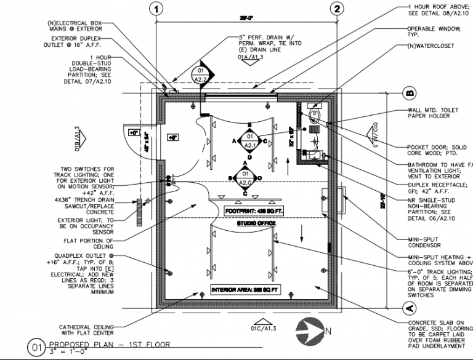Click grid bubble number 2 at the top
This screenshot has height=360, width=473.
point(336,9)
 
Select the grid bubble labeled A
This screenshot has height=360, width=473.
point(407,306)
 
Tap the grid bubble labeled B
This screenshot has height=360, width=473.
point(407,93)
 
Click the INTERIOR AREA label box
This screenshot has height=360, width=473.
point(241,289)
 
